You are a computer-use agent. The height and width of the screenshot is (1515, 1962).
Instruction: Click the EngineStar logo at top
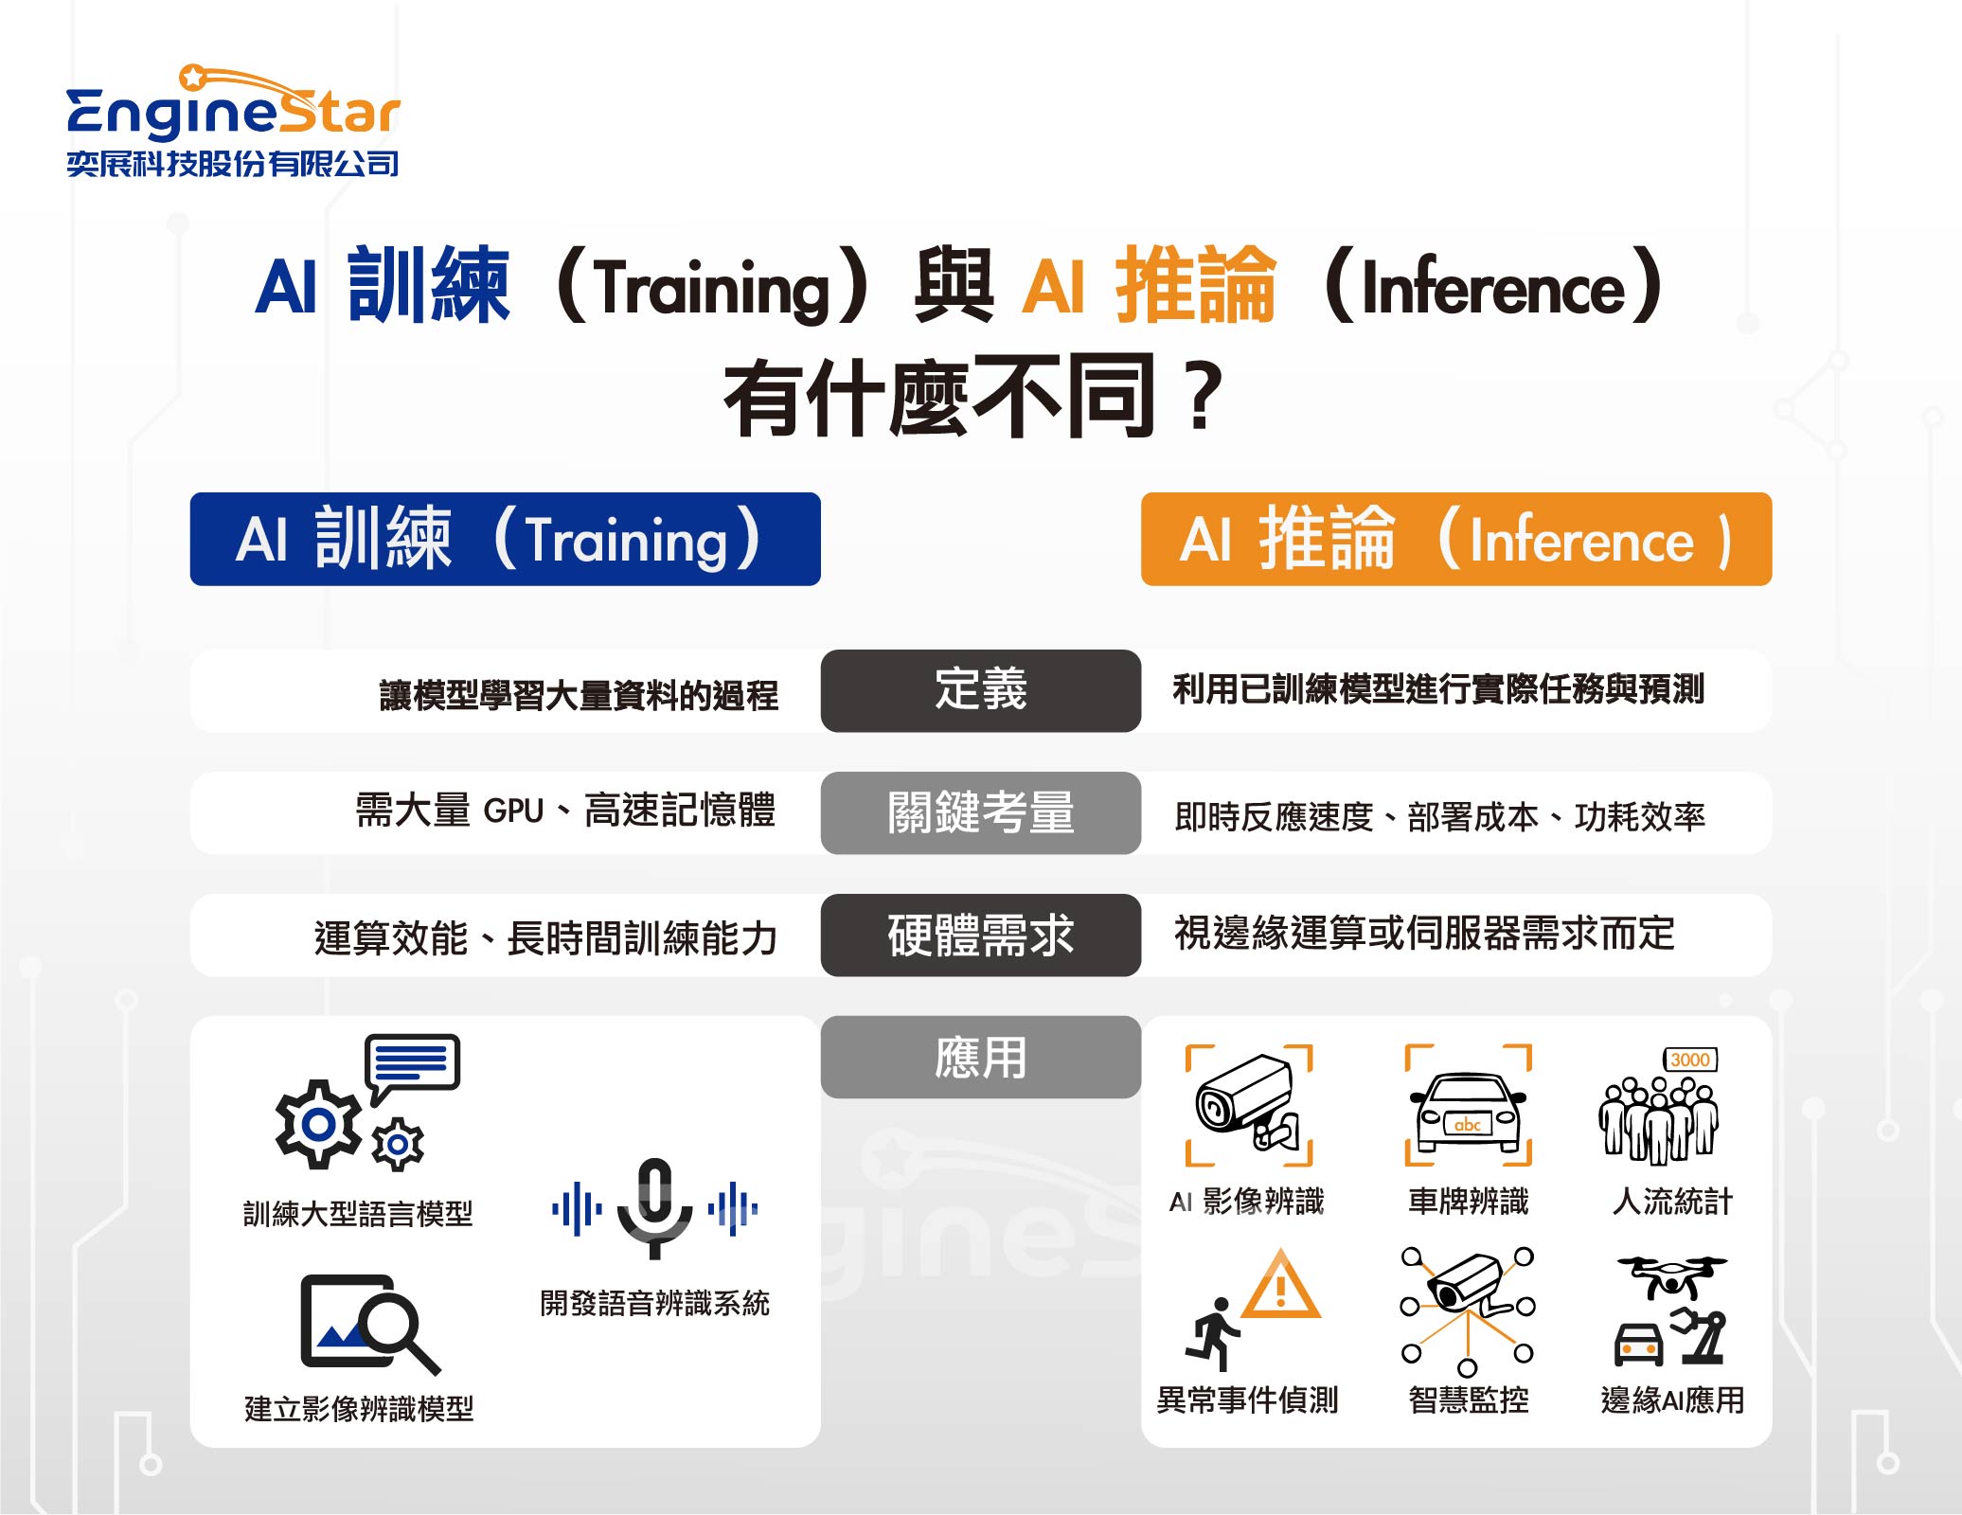pyautogui.click(x=233, y=120)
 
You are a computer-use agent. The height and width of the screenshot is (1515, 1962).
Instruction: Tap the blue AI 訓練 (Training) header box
pyautogui.click(x=505, y=539)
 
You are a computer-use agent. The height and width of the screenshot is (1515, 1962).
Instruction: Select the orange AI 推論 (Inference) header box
pyautogui.click(x=1456, y=539)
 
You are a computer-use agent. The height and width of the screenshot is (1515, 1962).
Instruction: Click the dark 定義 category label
pyautogui.click(x=981, y=690)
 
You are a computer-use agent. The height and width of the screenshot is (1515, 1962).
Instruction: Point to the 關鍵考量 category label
pyautogui.click(x=981, y=812)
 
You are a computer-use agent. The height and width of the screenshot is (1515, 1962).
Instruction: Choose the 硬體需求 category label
pyautogui.click(x=981, y=935)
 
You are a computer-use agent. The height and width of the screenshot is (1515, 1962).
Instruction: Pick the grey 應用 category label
pyautogui.click(x=981, y=1057)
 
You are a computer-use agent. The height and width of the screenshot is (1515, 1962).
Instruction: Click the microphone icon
pyautogui.click(x=655, y=1207)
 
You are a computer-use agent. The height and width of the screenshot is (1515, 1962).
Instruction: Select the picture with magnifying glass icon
pyautogui.click(x=369, y=1324)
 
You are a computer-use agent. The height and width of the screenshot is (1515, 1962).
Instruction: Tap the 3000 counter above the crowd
pyautogui.click(x=1690, y=1060)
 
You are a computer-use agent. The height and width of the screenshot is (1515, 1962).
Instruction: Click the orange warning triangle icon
pyautogui.click(x=1280, y=1285)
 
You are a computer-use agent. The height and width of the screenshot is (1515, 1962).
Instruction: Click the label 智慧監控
pyautogui.click(x=1469, y=1399)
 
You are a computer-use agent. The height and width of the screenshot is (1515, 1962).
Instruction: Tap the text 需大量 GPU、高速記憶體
pyautogui.click(x=565, y=811)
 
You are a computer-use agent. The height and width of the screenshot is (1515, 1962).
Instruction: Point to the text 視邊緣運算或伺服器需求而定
pyautogui.click(x=1425, y=934)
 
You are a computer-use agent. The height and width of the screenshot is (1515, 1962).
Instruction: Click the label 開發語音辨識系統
pyautogui.click(x=655, y=1303)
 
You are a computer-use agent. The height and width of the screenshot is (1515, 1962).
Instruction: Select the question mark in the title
pyautogui.click(x=1204, y=397)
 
